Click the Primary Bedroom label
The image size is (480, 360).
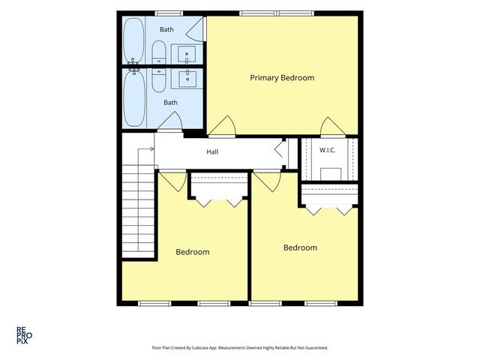coord(282,78)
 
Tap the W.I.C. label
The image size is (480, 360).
coord(327,150)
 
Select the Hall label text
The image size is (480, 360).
coord(212,151)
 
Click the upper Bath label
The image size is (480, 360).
coord(166,29)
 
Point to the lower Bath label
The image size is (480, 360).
coord(170,103)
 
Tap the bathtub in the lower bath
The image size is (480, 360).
coord(134,98)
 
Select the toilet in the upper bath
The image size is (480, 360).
coord(159,52)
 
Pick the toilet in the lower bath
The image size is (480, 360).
coord(159,80)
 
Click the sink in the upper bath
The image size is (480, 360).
coord(187,54)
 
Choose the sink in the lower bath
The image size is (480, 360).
coord(187,79)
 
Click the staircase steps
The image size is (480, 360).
coord(138,211)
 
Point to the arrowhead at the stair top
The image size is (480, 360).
coord(152,148)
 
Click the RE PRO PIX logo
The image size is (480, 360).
coord(24,335)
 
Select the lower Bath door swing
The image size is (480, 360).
coord(170,121)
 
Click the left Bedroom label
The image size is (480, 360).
coord(193,252)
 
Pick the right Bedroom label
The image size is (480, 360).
coord(300,247)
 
